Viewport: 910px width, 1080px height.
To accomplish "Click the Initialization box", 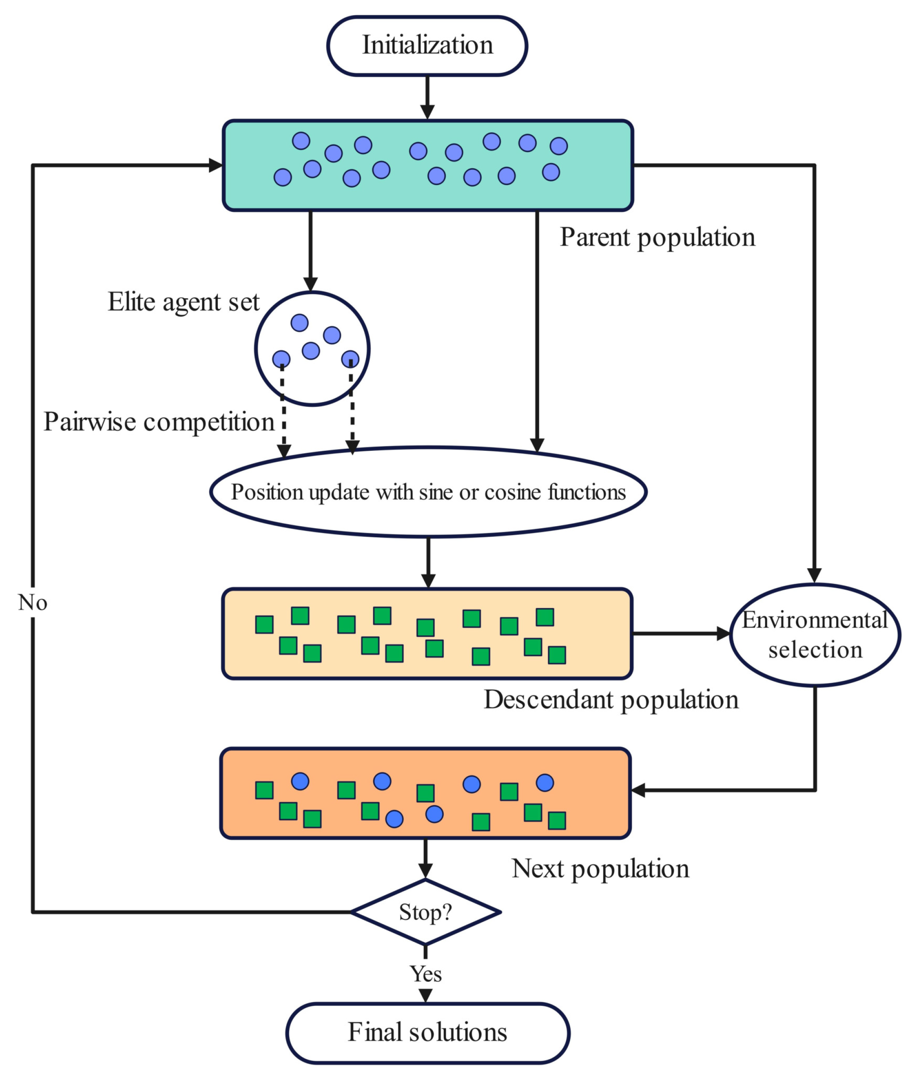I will point(427,46).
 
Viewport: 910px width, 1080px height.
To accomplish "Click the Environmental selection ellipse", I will point(815,635).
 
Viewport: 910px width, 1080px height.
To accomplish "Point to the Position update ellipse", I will point(428,492).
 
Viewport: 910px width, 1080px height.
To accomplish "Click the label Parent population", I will point(657,238).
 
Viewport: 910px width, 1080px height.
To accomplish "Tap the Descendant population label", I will point(611,700).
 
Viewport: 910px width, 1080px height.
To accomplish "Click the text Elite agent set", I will point(183,302).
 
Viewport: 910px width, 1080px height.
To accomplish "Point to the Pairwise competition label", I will point(159,422).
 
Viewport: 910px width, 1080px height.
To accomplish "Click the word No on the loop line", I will point(33,602).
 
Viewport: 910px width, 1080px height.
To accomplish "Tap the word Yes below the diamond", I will point(426,974).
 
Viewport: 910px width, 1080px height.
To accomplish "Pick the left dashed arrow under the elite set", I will point(283,413).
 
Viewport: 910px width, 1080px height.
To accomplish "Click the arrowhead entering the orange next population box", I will point(639,790).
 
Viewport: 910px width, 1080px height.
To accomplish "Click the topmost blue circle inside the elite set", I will point(300,323).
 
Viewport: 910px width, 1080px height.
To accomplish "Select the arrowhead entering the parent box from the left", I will point(216,165).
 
